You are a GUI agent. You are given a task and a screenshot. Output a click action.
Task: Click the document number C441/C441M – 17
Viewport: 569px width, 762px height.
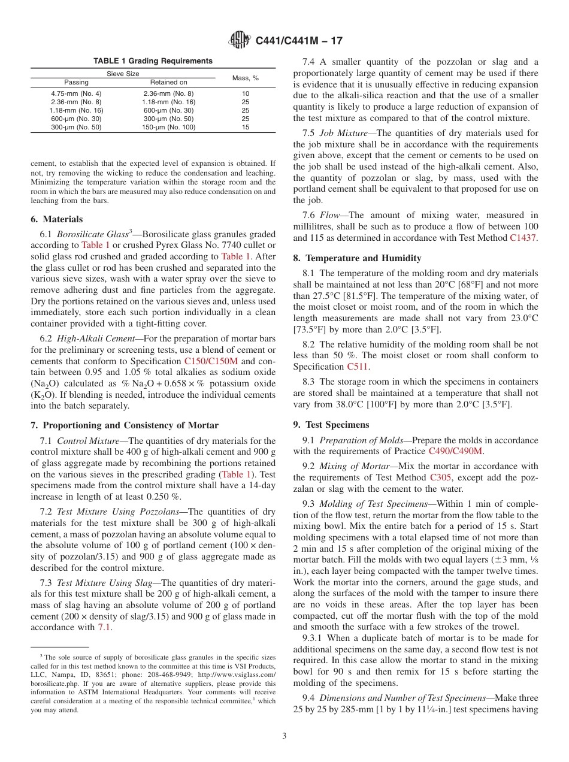pyautogui.click(x=299, y=41)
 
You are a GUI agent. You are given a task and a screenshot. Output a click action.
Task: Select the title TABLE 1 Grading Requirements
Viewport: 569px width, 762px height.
pyautogui.click(x=153, y=61)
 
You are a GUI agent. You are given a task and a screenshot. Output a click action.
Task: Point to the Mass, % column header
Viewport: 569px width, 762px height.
pyautogui.click(x=246, y=78)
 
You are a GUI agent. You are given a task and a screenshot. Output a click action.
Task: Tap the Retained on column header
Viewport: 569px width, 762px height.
pyautogui.click(x=168, y=82)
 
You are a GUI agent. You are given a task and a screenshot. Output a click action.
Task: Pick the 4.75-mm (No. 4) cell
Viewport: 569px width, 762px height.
pyautogui.click(x=76, y=93)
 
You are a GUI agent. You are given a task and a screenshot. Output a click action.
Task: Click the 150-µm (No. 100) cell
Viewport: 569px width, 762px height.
pyautogui.click(x=168, y=127)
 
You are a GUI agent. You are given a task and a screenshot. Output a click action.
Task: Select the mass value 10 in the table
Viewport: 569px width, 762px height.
pyautogui.click(x=246, y=93)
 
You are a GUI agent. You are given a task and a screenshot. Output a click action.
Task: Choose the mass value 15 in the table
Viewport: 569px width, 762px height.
pyautogui.click(x=246, y=127)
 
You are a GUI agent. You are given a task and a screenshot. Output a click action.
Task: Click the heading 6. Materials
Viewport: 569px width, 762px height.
pyautogui.click(x=57, y=219)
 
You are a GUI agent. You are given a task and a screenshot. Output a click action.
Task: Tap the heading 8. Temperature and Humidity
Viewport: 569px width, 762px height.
pyautogui.click(x=357, y=258)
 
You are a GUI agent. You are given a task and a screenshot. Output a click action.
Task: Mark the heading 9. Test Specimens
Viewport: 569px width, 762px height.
pyautogui.click(x=331, y=425)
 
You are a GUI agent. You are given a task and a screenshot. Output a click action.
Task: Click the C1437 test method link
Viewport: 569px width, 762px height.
pyautogui.click(x=523, y=238)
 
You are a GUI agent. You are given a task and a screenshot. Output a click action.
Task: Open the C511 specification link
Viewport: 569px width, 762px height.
pyautogui.click(x=358, y=367)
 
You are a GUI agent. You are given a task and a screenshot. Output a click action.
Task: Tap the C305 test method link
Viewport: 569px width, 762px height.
pyautogui.click(x=440, y=477)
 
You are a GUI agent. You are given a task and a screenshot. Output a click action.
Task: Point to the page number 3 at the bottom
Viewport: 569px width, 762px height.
pyautogui.click(x=284, y=736)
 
